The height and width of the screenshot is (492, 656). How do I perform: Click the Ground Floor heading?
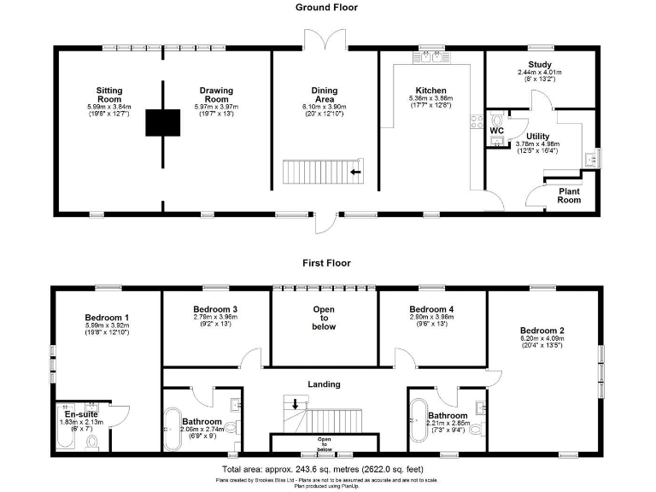[326, 8]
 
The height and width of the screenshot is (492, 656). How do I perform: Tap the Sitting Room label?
[109, 94]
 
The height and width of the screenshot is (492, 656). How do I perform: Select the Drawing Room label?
[217, 94]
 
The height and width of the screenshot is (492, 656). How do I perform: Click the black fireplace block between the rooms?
[162, 123]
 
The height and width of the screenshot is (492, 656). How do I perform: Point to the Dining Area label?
[325, 94]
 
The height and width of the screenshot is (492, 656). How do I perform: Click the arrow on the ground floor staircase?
[354, 173]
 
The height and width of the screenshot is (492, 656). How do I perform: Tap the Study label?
[540, 65]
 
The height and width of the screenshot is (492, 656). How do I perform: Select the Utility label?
[538, 137]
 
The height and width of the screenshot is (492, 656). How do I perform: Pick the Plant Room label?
[570, 196]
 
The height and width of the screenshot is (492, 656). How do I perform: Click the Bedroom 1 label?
[107, 316]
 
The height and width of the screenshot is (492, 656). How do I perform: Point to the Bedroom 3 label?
[215, 308]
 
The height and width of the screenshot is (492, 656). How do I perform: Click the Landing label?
[325, 384]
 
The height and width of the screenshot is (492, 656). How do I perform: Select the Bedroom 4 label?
[431, 308]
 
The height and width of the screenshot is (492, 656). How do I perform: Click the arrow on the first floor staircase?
[296, 403]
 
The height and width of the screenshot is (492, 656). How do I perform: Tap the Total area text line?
[327, 470]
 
